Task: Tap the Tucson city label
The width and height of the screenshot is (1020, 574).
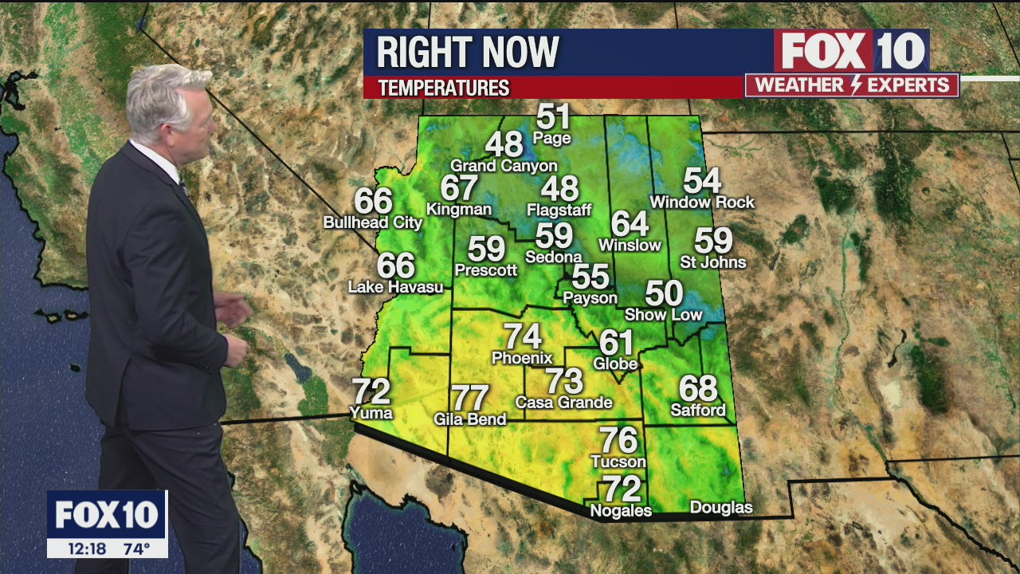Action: [618, 462]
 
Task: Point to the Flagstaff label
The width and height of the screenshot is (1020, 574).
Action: [559, 210]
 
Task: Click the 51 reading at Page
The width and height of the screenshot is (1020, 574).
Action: [553, 116]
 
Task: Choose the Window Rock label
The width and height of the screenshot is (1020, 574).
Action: [702, 202]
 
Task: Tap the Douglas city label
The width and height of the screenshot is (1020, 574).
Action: [720, 508]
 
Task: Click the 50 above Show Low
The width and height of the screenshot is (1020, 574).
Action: [664, 293]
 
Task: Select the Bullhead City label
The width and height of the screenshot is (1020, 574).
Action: [372, 223]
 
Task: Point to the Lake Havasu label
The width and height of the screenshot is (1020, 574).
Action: [395, 287]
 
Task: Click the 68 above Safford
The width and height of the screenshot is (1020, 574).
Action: [698, 389]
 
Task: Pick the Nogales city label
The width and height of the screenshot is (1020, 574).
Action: [620, 511]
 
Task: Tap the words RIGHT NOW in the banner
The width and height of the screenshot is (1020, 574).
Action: [468, 53]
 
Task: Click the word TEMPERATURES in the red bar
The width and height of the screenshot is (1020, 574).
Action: [444, 88]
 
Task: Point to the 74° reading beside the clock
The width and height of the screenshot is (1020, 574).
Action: [136, 548]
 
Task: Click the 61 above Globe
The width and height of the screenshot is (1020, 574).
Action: [616, 343]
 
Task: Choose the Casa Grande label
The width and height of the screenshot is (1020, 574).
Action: [563, 403]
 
